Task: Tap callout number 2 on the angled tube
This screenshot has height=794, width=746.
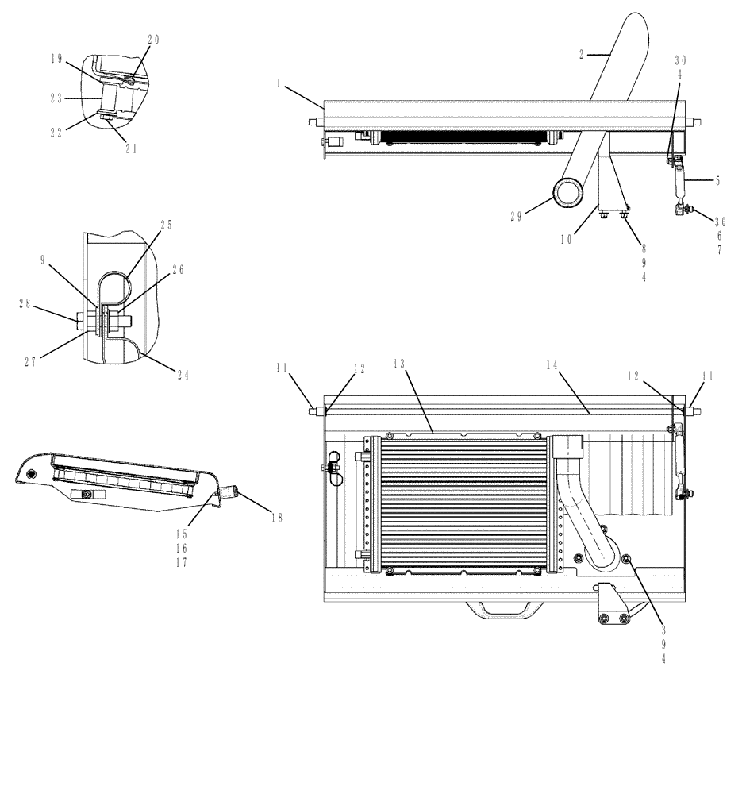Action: coord(582,55)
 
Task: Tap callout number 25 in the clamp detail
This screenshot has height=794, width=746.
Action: coord(167,225)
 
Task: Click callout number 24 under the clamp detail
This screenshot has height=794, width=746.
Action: coord(183,376)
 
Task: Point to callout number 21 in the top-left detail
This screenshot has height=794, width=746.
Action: coord(131,148)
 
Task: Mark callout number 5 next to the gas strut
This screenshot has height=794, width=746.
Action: coord(717,180)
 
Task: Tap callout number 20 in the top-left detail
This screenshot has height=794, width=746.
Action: coord(153,40)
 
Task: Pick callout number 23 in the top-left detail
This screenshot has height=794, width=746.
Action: coord(56,99)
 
